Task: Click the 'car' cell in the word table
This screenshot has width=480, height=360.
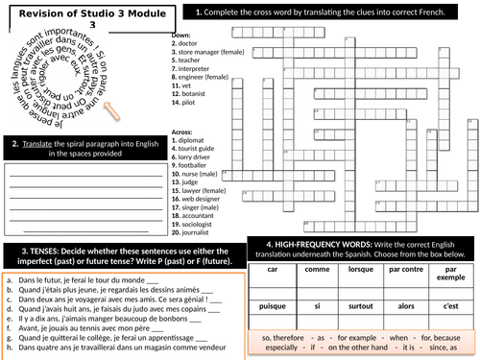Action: pyautogui.click(x=272, y=272)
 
